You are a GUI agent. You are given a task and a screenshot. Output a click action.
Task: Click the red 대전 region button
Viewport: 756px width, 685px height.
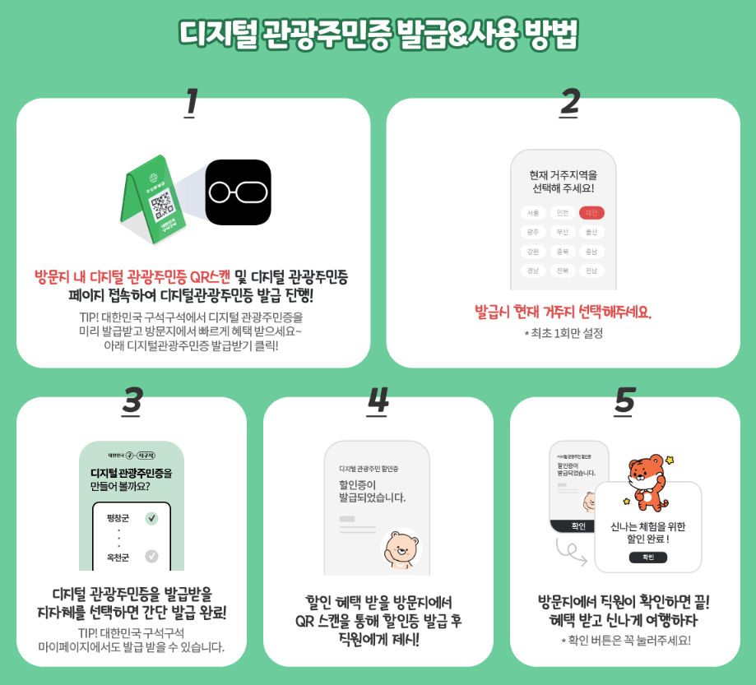[591, 213]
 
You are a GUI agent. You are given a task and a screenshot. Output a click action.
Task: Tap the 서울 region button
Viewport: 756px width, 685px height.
[532, 213]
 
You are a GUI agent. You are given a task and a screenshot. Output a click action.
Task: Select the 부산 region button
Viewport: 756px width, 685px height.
[562, 232]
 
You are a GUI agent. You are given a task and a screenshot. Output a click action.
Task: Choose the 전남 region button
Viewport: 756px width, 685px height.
[591, 271]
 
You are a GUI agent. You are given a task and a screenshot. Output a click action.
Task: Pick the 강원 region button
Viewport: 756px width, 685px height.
[532, 252]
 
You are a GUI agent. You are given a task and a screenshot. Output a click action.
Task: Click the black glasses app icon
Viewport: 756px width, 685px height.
[238, 192]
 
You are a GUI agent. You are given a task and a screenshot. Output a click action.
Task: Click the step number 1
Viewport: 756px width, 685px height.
[191, 102]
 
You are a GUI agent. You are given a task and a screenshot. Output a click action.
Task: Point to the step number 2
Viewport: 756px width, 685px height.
[569, 102]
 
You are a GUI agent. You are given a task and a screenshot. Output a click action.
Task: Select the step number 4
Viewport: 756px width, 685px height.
[378, 400]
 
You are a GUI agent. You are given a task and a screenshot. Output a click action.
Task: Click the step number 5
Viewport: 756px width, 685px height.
[624, 400]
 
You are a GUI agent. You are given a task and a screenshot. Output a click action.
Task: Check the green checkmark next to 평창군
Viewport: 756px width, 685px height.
[151, 518]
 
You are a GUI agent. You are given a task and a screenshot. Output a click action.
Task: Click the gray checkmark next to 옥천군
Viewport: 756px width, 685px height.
[151, 557]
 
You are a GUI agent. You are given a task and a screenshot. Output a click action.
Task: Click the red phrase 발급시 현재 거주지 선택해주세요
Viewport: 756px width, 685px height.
[563, 312]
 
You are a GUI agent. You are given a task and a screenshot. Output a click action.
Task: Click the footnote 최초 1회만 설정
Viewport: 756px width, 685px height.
[564, 333]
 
